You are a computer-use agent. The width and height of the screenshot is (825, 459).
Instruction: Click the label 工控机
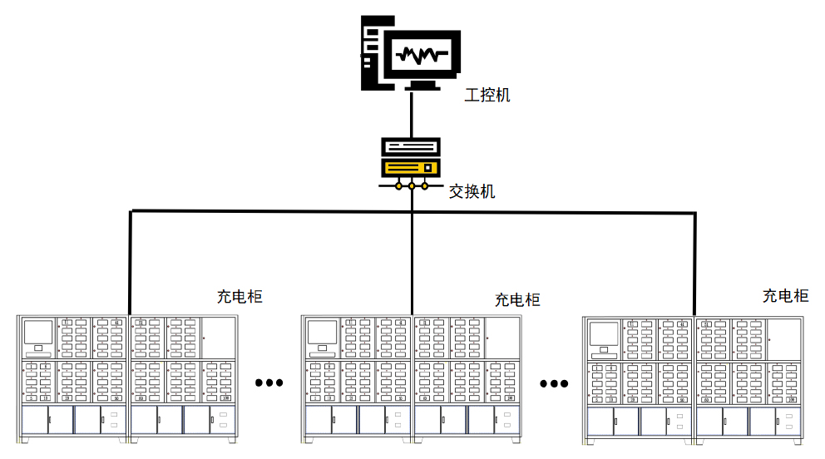(x=487, y=95)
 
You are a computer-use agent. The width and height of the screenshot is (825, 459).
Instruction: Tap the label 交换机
(x=472, y=192)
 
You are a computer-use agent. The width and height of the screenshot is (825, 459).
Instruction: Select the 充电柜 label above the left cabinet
(x=240, y=296)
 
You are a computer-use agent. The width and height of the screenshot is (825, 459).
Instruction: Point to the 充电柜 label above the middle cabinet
(x=517, y=299)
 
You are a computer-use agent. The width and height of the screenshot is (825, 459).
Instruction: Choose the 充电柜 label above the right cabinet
(x=785, y=295)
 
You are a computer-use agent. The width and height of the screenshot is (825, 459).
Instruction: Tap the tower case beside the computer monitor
(x=371, y=52)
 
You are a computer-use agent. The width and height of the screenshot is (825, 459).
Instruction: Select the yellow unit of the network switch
(x=410, y=167)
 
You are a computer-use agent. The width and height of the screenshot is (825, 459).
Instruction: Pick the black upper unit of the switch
(x=410, y=147)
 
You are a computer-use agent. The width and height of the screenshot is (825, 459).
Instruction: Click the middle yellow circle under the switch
(x=412, y=185)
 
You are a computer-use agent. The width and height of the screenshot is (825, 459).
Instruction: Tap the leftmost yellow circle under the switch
(x=398, y=185)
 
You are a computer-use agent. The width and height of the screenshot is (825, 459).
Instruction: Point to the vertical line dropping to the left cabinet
(x=131, y=262)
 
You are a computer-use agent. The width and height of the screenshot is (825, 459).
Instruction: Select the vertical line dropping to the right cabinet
(x=694, y=262)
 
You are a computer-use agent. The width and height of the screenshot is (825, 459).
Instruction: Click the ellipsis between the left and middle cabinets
(x=269, y=383)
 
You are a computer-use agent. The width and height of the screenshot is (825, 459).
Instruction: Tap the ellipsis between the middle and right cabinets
(x=553, y=383)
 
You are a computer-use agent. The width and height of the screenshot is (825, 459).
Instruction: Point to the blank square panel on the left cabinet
(x=220, y=338)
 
